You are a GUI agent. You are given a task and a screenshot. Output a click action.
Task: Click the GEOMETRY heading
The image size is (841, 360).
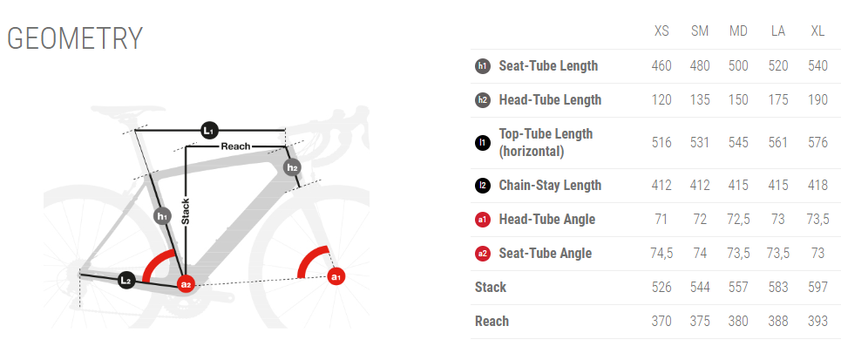[75, 38]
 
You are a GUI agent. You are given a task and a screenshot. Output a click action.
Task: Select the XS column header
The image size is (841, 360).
[661, 31]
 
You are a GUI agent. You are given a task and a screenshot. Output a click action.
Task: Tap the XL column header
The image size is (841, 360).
[817, 31]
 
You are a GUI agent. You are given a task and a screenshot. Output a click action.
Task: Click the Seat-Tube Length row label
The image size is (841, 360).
[548, 66]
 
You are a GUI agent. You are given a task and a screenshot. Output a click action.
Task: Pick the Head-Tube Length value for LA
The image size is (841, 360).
[778, 99]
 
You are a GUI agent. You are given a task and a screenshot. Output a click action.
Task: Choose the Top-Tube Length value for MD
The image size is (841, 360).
[738, 143]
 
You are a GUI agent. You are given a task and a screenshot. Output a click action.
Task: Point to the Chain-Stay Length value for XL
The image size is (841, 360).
[817, 186]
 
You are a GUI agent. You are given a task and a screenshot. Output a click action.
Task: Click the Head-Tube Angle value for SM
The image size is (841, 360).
[700, 220]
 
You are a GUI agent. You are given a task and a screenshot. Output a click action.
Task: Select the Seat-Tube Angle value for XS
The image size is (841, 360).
[661, 254]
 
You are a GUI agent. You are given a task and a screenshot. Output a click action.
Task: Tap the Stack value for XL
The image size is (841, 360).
[817, 288]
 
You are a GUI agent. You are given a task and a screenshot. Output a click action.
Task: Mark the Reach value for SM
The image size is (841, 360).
[700, 322]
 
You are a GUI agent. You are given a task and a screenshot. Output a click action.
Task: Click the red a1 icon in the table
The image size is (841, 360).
[483, 220]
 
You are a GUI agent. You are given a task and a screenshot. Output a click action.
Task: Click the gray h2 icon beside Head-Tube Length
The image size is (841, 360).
[483, 99]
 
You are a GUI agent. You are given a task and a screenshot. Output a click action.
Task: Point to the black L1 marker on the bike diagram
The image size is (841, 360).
[208, 130]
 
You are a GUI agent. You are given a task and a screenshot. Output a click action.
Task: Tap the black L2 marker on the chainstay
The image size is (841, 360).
[125, 280]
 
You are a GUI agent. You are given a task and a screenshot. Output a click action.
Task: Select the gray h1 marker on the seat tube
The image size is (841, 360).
[162, 216]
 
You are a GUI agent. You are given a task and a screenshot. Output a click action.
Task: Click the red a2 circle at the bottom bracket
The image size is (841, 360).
[186, 285]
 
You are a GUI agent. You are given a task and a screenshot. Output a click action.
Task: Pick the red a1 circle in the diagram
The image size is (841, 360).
[336, 277]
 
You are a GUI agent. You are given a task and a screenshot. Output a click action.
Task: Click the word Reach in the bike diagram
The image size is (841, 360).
[236, 146]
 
